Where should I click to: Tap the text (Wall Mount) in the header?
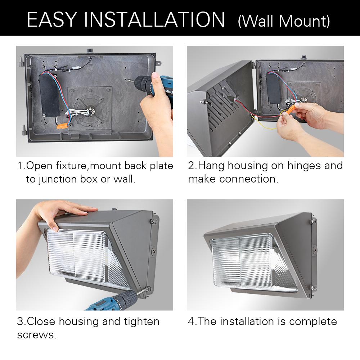click(284, 21)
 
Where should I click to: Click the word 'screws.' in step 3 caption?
click(37, 334)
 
